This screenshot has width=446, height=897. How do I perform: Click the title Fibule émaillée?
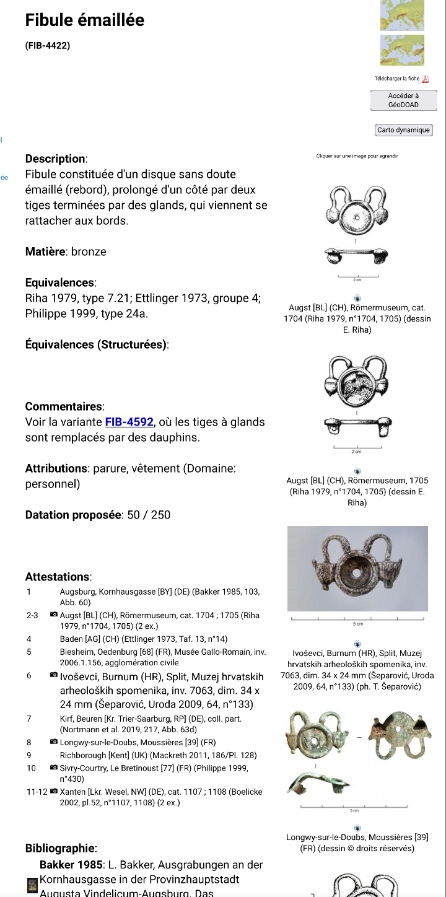click(x=85, y=20)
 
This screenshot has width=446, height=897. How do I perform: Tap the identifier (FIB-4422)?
click(x=48, y=45)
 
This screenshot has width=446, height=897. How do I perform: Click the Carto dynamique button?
click(x=403, y=130)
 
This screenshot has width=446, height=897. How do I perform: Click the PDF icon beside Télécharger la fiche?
click(x=425, y=79)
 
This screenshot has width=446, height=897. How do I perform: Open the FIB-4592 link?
click(x=129, y=422)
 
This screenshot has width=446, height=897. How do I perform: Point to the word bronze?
click(x=89, y=252)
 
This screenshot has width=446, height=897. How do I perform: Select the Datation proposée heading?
click(x=74, y=515)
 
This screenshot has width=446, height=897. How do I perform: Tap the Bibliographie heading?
click(x=61, y=848)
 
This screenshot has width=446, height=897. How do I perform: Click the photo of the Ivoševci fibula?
click(x=357, y=569)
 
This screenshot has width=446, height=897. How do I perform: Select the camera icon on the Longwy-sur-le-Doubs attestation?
click(x=54, y=742)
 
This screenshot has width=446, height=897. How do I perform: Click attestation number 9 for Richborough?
click(x=29, y=755)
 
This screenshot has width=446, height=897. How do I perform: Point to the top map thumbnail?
click(x=402, y=15)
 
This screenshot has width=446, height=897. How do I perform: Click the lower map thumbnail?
click(x=402, y=50)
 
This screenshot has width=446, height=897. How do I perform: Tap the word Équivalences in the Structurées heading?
click(x=60, y=344)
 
